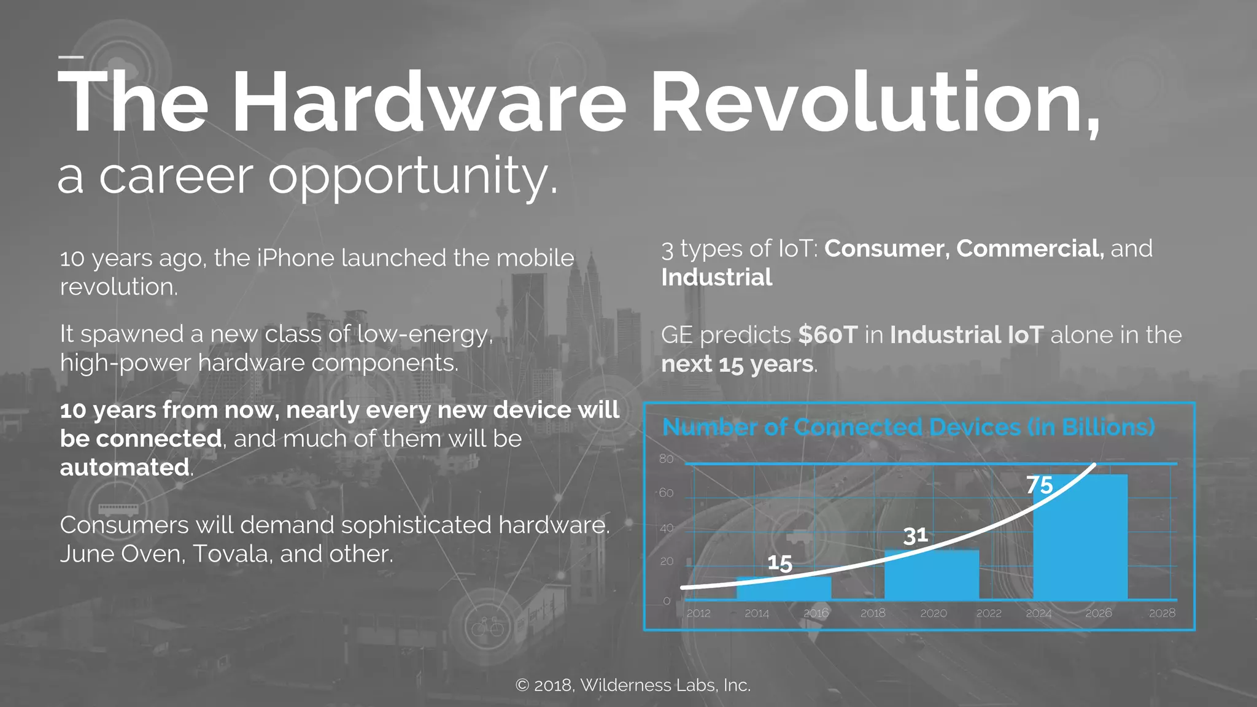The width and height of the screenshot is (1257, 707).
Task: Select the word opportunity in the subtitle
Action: tap(412, 177)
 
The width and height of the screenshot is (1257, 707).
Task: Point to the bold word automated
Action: tap(125, 468)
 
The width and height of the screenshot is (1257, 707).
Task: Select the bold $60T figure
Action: tap(827, 335)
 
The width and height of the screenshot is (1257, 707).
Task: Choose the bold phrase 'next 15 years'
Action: tap(737, 364)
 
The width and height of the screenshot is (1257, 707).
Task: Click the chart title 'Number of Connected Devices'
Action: tap(908, 427)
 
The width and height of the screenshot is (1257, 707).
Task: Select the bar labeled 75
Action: tap(1080, 537)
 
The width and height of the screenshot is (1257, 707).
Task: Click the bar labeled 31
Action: tap(931, 574)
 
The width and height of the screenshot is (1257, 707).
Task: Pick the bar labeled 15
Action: tap(784, 587)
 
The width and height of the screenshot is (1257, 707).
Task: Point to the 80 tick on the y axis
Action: tap(666, 459)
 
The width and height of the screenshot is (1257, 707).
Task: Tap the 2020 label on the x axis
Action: tap(933, 613)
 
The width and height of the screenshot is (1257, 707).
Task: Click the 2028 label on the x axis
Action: tap(1162, 613)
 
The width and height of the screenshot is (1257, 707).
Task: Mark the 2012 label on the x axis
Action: tap(698, 613)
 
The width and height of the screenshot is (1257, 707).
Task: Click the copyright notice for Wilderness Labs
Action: tap(633, 685)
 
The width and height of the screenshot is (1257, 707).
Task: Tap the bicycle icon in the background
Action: tap(487, 627)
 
